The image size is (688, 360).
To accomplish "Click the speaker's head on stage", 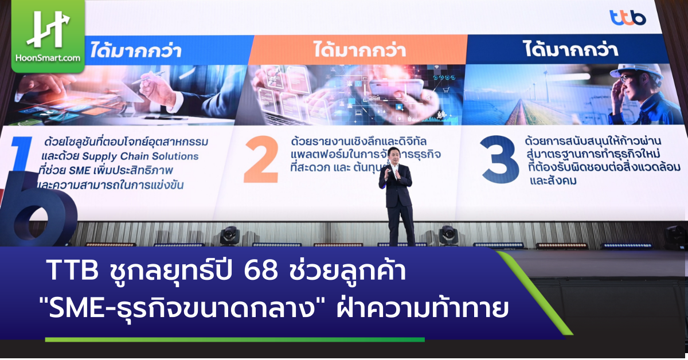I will point(394,155).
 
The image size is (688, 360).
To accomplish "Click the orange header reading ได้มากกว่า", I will point(359,50).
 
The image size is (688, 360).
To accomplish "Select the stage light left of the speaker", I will point(229,234).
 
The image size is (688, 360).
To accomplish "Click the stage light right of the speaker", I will point(448,234).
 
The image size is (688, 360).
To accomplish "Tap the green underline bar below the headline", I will point(235,340).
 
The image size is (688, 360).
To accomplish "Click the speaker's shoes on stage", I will point(401,243).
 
